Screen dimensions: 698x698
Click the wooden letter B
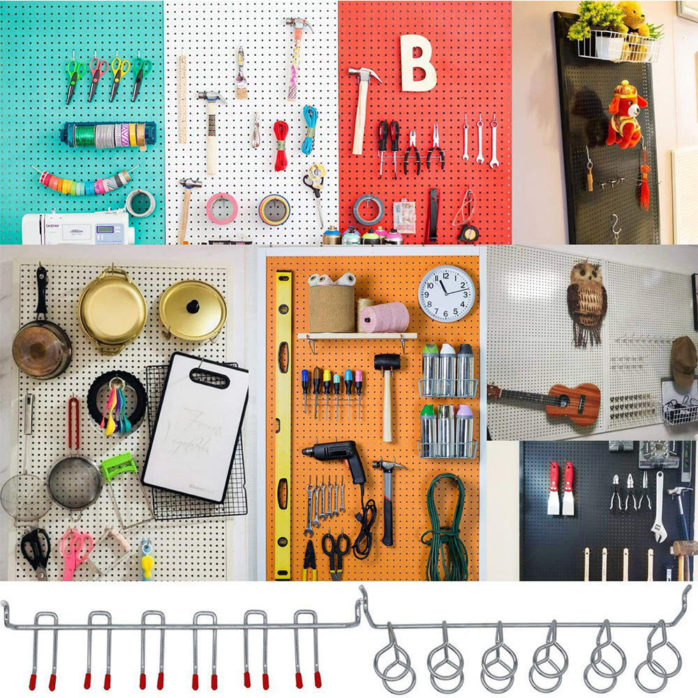417,64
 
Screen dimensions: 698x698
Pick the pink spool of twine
385,318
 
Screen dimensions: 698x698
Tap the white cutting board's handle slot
209,378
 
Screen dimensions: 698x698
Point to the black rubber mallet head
387,362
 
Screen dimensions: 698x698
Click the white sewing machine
77,228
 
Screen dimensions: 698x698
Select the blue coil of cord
309,129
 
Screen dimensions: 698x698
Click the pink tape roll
221,208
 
